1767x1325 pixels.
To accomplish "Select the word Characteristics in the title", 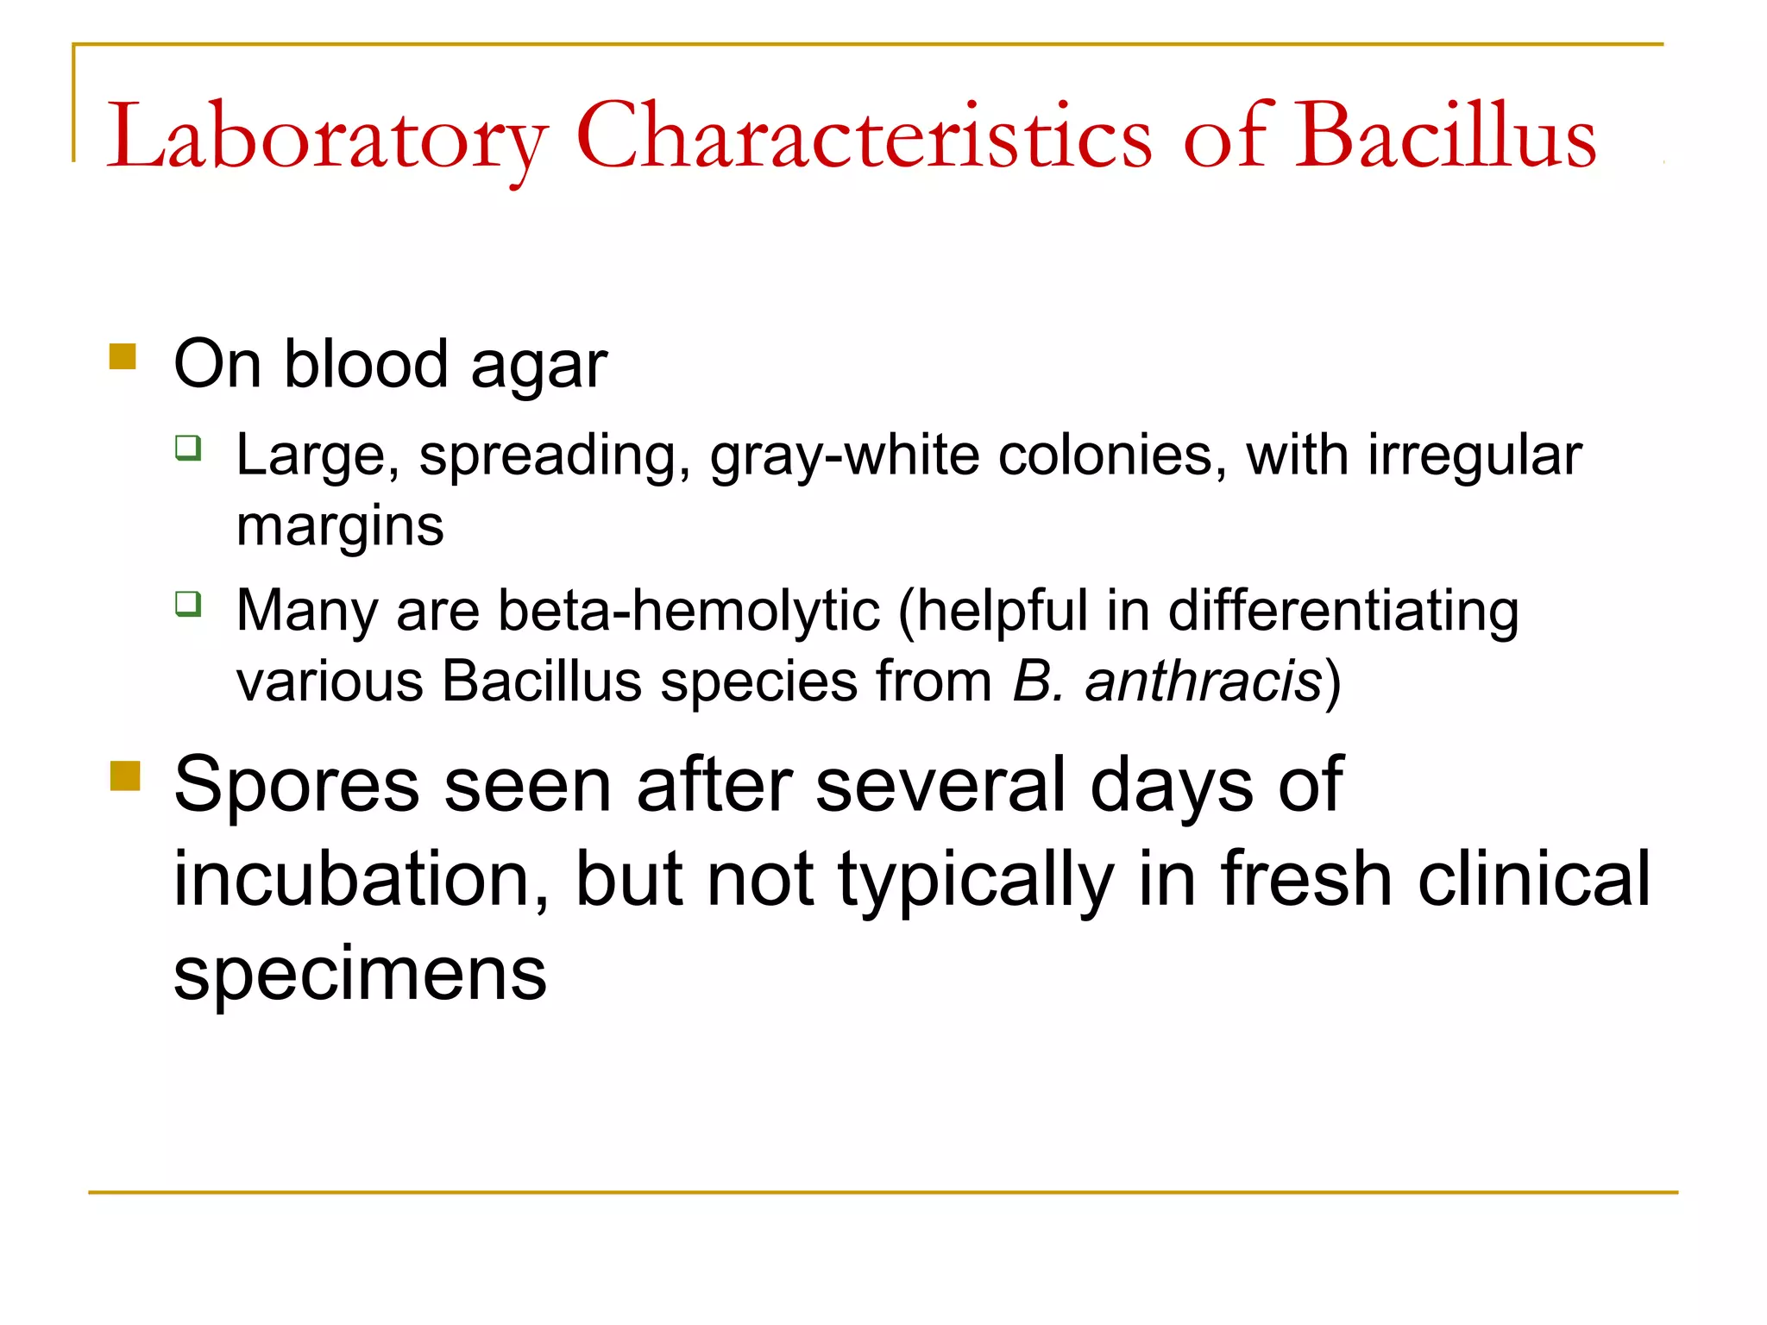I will coord(863,136).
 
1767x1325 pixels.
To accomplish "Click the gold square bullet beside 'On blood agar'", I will coord(123,356).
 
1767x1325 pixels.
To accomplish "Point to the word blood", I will coord(366,364).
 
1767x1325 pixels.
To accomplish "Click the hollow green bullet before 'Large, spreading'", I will coord(188,448).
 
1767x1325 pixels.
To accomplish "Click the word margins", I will coord(340,526).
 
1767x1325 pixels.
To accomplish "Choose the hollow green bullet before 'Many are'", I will coord(188,603).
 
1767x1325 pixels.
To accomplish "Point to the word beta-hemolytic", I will coord(689,611).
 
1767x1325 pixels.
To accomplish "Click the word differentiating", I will coord(1343,611).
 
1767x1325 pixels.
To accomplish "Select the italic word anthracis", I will coord(1203,681).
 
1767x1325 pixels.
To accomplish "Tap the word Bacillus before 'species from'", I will coord(542,681).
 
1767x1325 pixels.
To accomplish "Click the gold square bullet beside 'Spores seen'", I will coord(125,775).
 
